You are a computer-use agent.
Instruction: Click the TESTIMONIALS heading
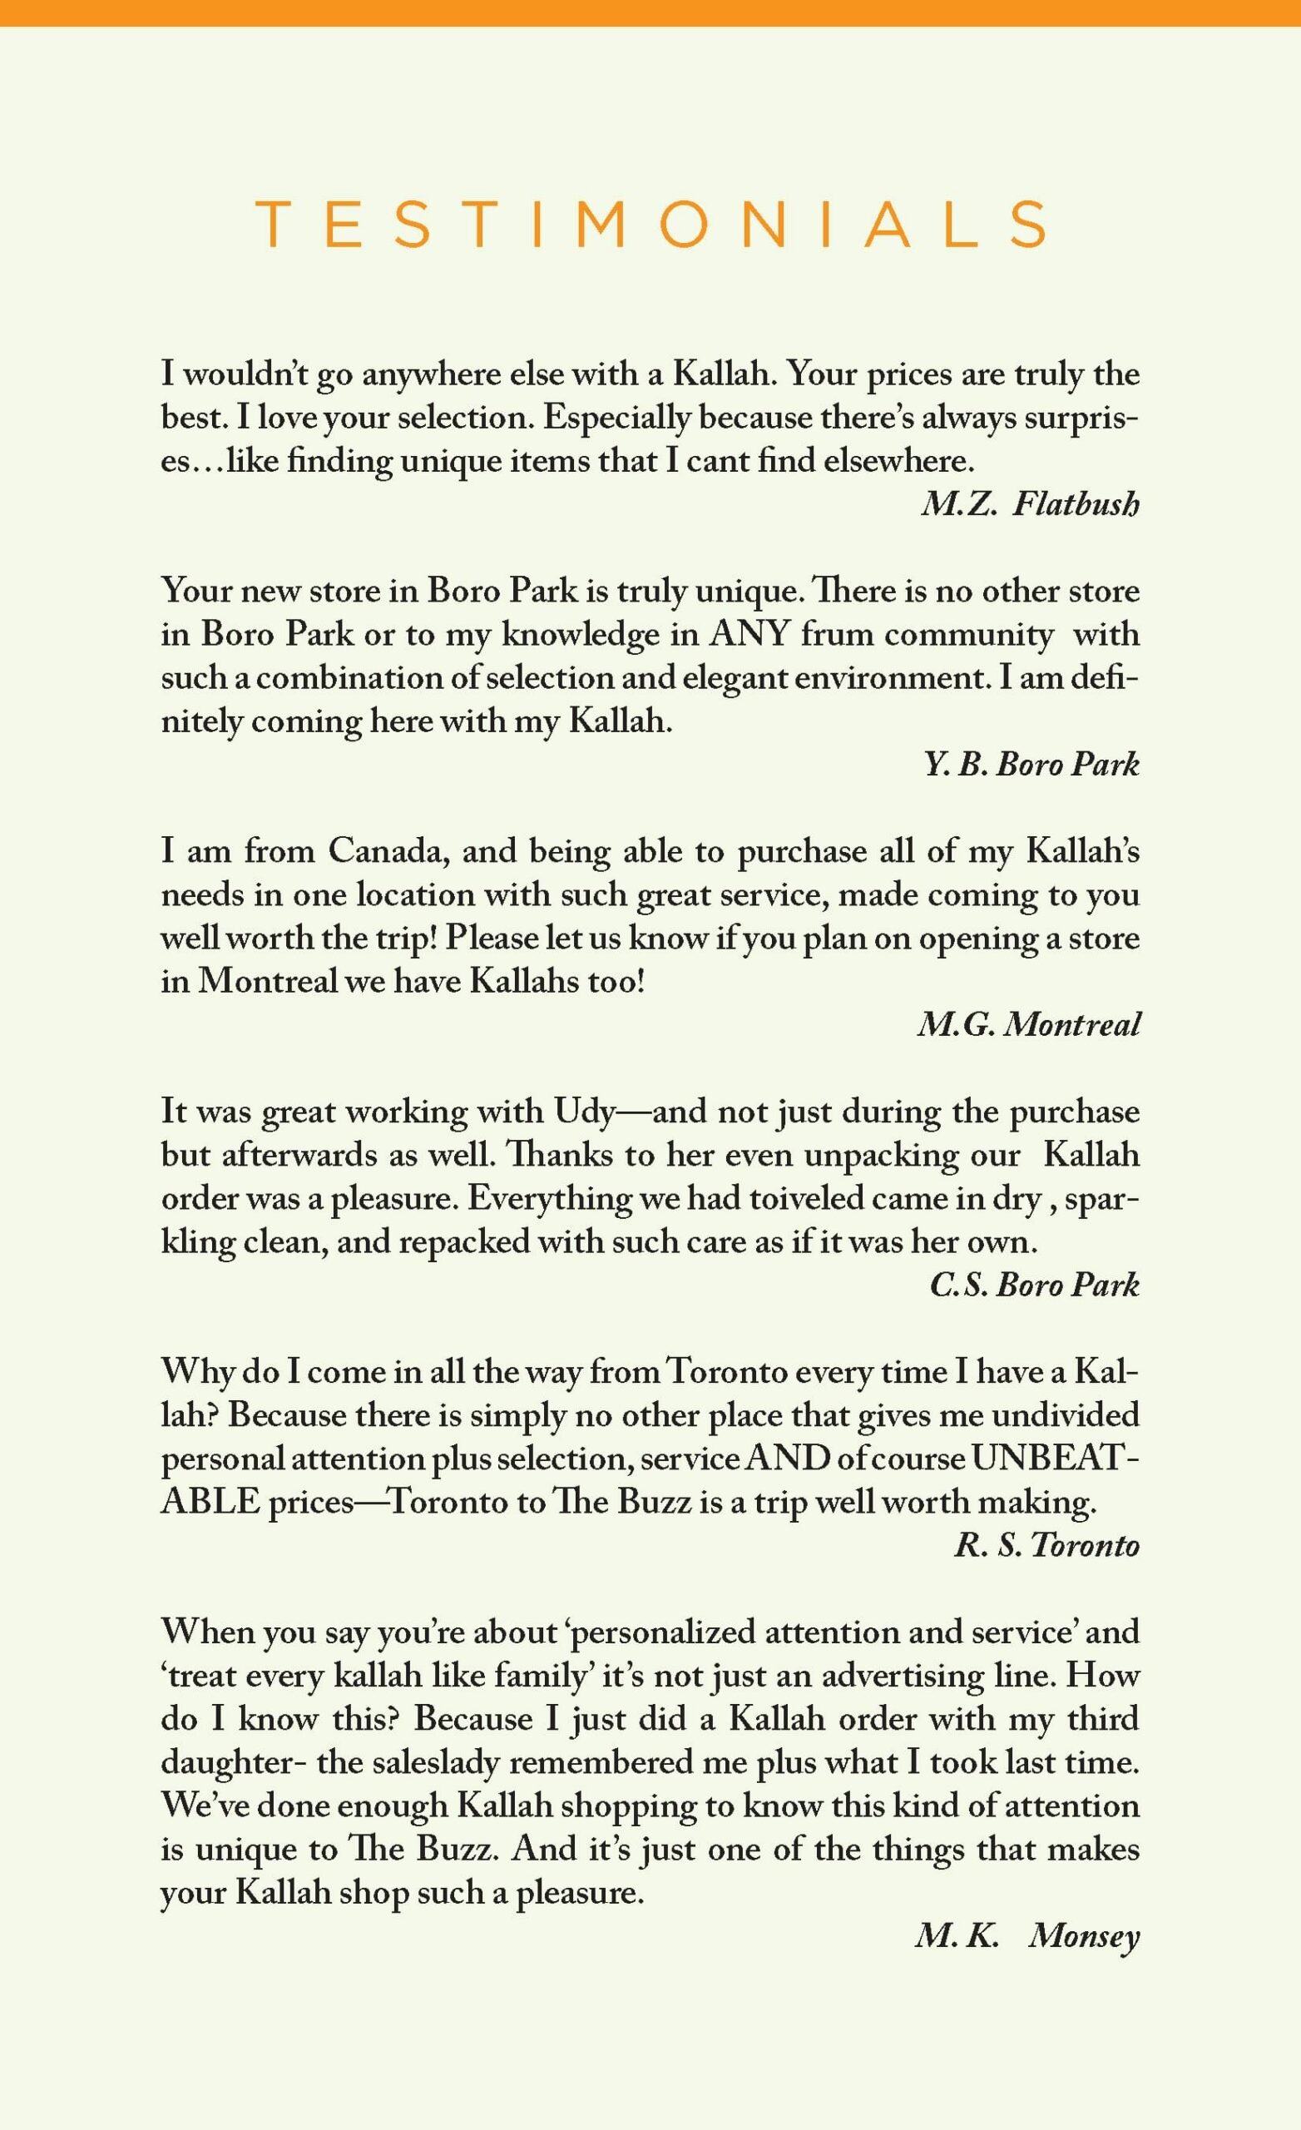pos(650,225)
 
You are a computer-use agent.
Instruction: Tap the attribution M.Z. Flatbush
pos(1030,503)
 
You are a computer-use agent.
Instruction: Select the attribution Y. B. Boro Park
pos(1031,764)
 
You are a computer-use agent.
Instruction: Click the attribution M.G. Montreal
pos(1029,1025)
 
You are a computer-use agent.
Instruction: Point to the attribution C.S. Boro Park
pos(1035,1285)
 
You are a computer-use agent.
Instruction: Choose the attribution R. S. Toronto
pos(1046,1546)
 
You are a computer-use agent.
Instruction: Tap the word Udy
pos(583,1112)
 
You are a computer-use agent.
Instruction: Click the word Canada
pos(388,851)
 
